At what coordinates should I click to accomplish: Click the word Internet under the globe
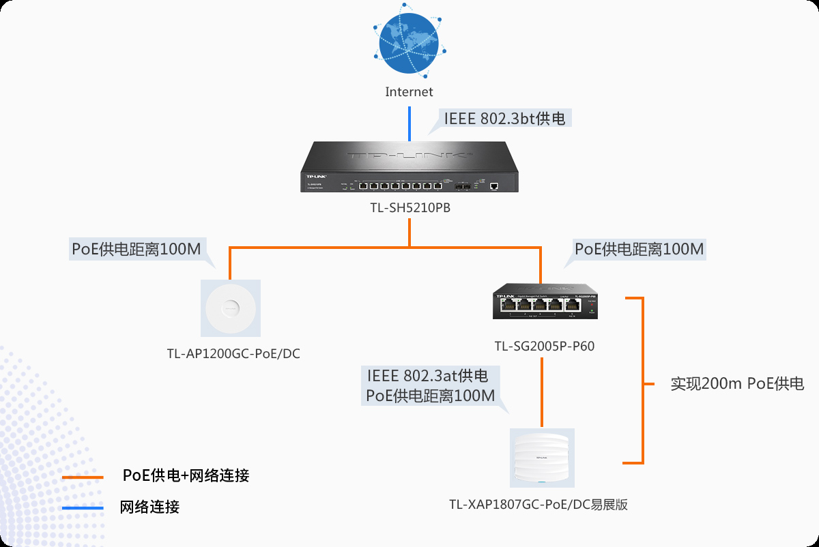(x=409, y=91)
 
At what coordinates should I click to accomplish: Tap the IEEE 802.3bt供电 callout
(x=504, y=119)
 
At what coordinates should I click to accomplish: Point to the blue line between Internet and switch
(x=409, y=123)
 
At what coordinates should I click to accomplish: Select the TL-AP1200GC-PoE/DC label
(x=233, y=354)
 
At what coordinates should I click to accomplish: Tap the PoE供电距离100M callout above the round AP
(x=136, y=249)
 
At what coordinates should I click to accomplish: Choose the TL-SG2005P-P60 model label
(x=545, y=346)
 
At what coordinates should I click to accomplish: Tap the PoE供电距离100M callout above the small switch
(x=639, y=249)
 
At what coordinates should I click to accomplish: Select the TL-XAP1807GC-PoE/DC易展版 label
(x=538, y=505)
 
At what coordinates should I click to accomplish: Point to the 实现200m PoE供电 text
(x=737, y=383)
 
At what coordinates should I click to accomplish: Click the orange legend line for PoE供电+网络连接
(x=83, y=477)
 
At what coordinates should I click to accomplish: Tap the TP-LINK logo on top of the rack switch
(x=409, y=155)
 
